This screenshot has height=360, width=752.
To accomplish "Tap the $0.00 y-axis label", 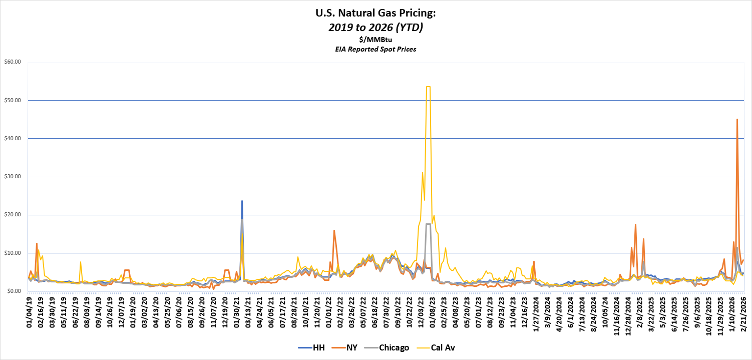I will [x=13, y=291].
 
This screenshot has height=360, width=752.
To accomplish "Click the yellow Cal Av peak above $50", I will [x=428, y=87].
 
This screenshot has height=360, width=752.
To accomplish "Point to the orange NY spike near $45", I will [x=737, y=120].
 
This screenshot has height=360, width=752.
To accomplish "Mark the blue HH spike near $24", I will [x=242, y=201].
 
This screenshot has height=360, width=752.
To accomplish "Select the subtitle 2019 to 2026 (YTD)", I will [x=376, y=28].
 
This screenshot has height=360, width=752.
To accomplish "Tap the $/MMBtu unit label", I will [x=376, y=40].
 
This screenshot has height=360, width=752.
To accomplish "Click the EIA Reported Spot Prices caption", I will [x=376, y=49].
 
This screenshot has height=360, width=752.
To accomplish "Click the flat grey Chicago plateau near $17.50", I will [x=428, y=224].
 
